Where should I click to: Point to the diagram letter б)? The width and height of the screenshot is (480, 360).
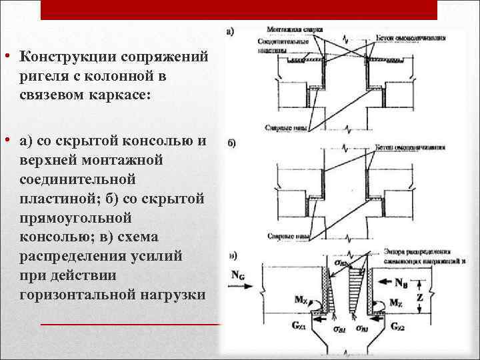[231, 145]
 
